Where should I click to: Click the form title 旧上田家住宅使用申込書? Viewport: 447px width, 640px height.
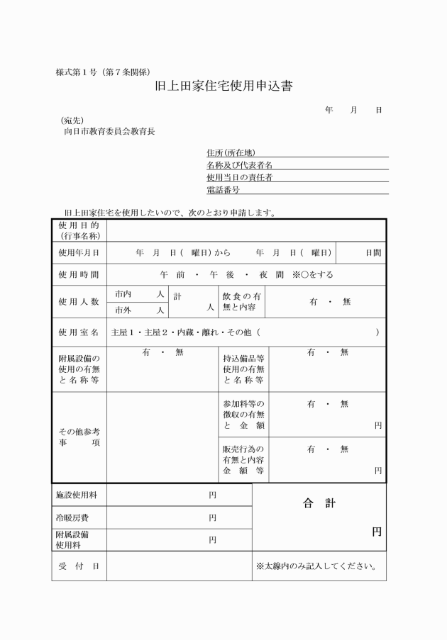click(223, 87)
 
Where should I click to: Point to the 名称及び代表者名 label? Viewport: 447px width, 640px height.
click(239, 164)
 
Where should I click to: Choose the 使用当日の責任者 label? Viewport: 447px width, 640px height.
click(239, 177)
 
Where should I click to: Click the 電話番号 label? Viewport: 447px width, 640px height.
click(223, 190)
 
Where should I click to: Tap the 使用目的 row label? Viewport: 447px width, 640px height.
click(79, 230)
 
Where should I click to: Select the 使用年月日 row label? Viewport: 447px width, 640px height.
click(79, 252)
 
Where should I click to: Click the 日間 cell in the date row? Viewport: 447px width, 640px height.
click(372, 252)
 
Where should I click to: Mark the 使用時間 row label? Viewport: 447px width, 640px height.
click(79, 274)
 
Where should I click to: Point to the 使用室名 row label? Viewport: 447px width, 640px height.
click(79, 332)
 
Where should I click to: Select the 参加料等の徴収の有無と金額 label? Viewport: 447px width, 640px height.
click(243, 414)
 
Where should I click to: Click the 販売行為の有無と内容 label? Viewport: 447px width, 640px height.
click(243, 459)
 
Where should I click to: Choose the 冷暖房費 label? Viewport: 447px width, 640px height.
click(71, 517)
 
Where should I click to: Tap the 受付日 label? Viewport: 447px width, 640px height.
click(79, 566)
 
